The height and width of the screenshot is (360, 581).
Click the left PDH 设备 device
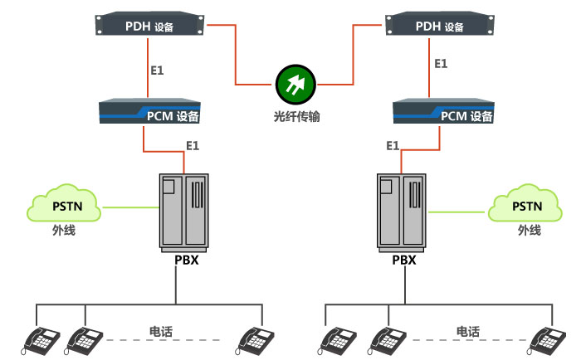150,27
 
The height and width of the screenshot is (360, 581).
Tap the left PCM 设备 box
150,112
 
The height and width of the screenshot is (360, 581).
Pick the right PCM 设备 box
443,112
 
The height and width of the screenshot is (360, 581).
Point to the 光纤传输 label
296,117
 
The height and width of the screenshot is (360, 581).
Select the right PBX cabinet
402,211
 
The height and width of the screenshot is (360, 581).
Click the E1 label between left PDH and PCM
157,71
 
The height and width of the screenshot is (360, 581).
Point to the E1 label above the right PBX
393,146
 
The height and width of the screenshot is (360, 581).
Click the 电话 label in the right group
467,331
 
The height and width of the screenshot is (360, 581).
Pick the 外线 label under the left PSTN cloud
64,230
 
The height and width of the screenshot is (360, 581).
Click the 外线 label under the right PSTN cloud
529,230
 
